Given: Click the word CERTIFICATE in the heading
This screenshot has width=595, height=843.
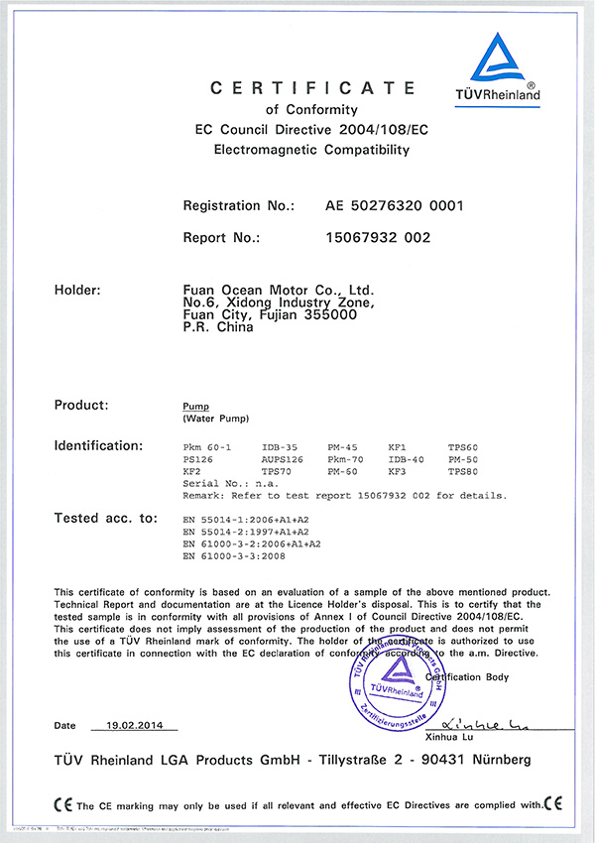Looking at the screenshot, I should [311, 89].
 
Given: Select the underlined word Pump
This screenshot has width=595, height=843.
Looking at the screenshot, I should [194, 407].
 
